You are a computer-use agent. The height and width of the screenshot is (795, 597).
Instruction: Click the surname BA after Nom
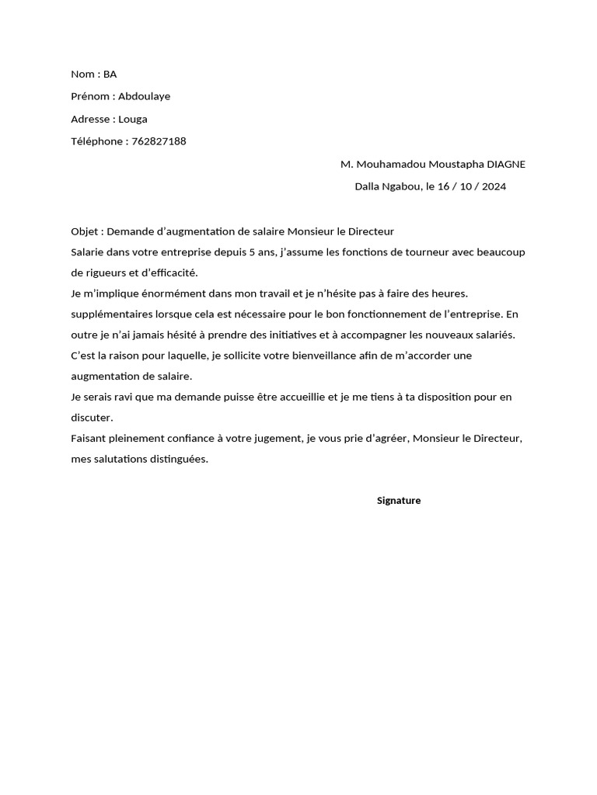[x=110, y=75]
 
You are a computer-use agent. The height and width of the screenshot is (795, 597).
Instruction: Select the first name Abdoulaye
[x=144, y=96]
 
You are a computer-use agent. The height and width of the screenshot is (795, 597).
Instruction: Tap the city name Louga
[x=133, y=119]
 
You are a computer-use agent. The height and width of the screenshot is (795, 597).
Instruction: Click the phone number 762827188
[x=159, y=141]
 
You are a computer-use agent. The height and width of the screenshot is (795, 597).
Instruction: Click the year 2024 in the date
[x=494, y=186]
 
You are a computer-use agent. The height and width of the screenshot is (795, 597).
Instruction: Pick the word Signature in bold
[x=399, y=501]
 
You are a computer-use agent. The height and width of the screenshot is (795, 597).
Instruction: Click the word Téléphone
[x=96, y=141]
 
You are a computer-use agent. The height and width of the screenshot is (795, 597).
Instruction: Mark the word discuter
[x=91, y=418]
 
